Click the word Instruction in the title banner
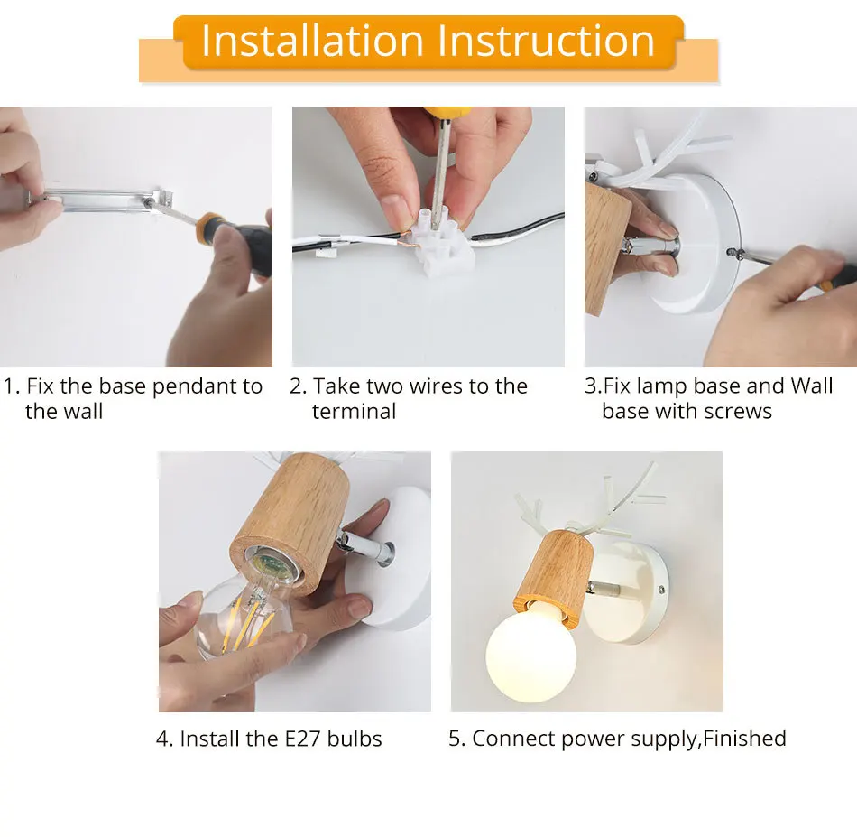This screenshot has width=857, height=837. click(x=547, y=42)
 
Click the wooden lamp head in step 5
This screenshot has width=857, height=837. click(x=559, y=568)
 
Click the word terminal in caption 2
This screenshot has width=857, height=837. click(x=354, y=412)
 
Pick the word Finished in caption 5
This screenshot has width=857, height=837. click(x=744, y=739)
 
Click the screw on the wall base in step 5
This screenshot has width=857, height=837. click(x=662, y=588)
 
